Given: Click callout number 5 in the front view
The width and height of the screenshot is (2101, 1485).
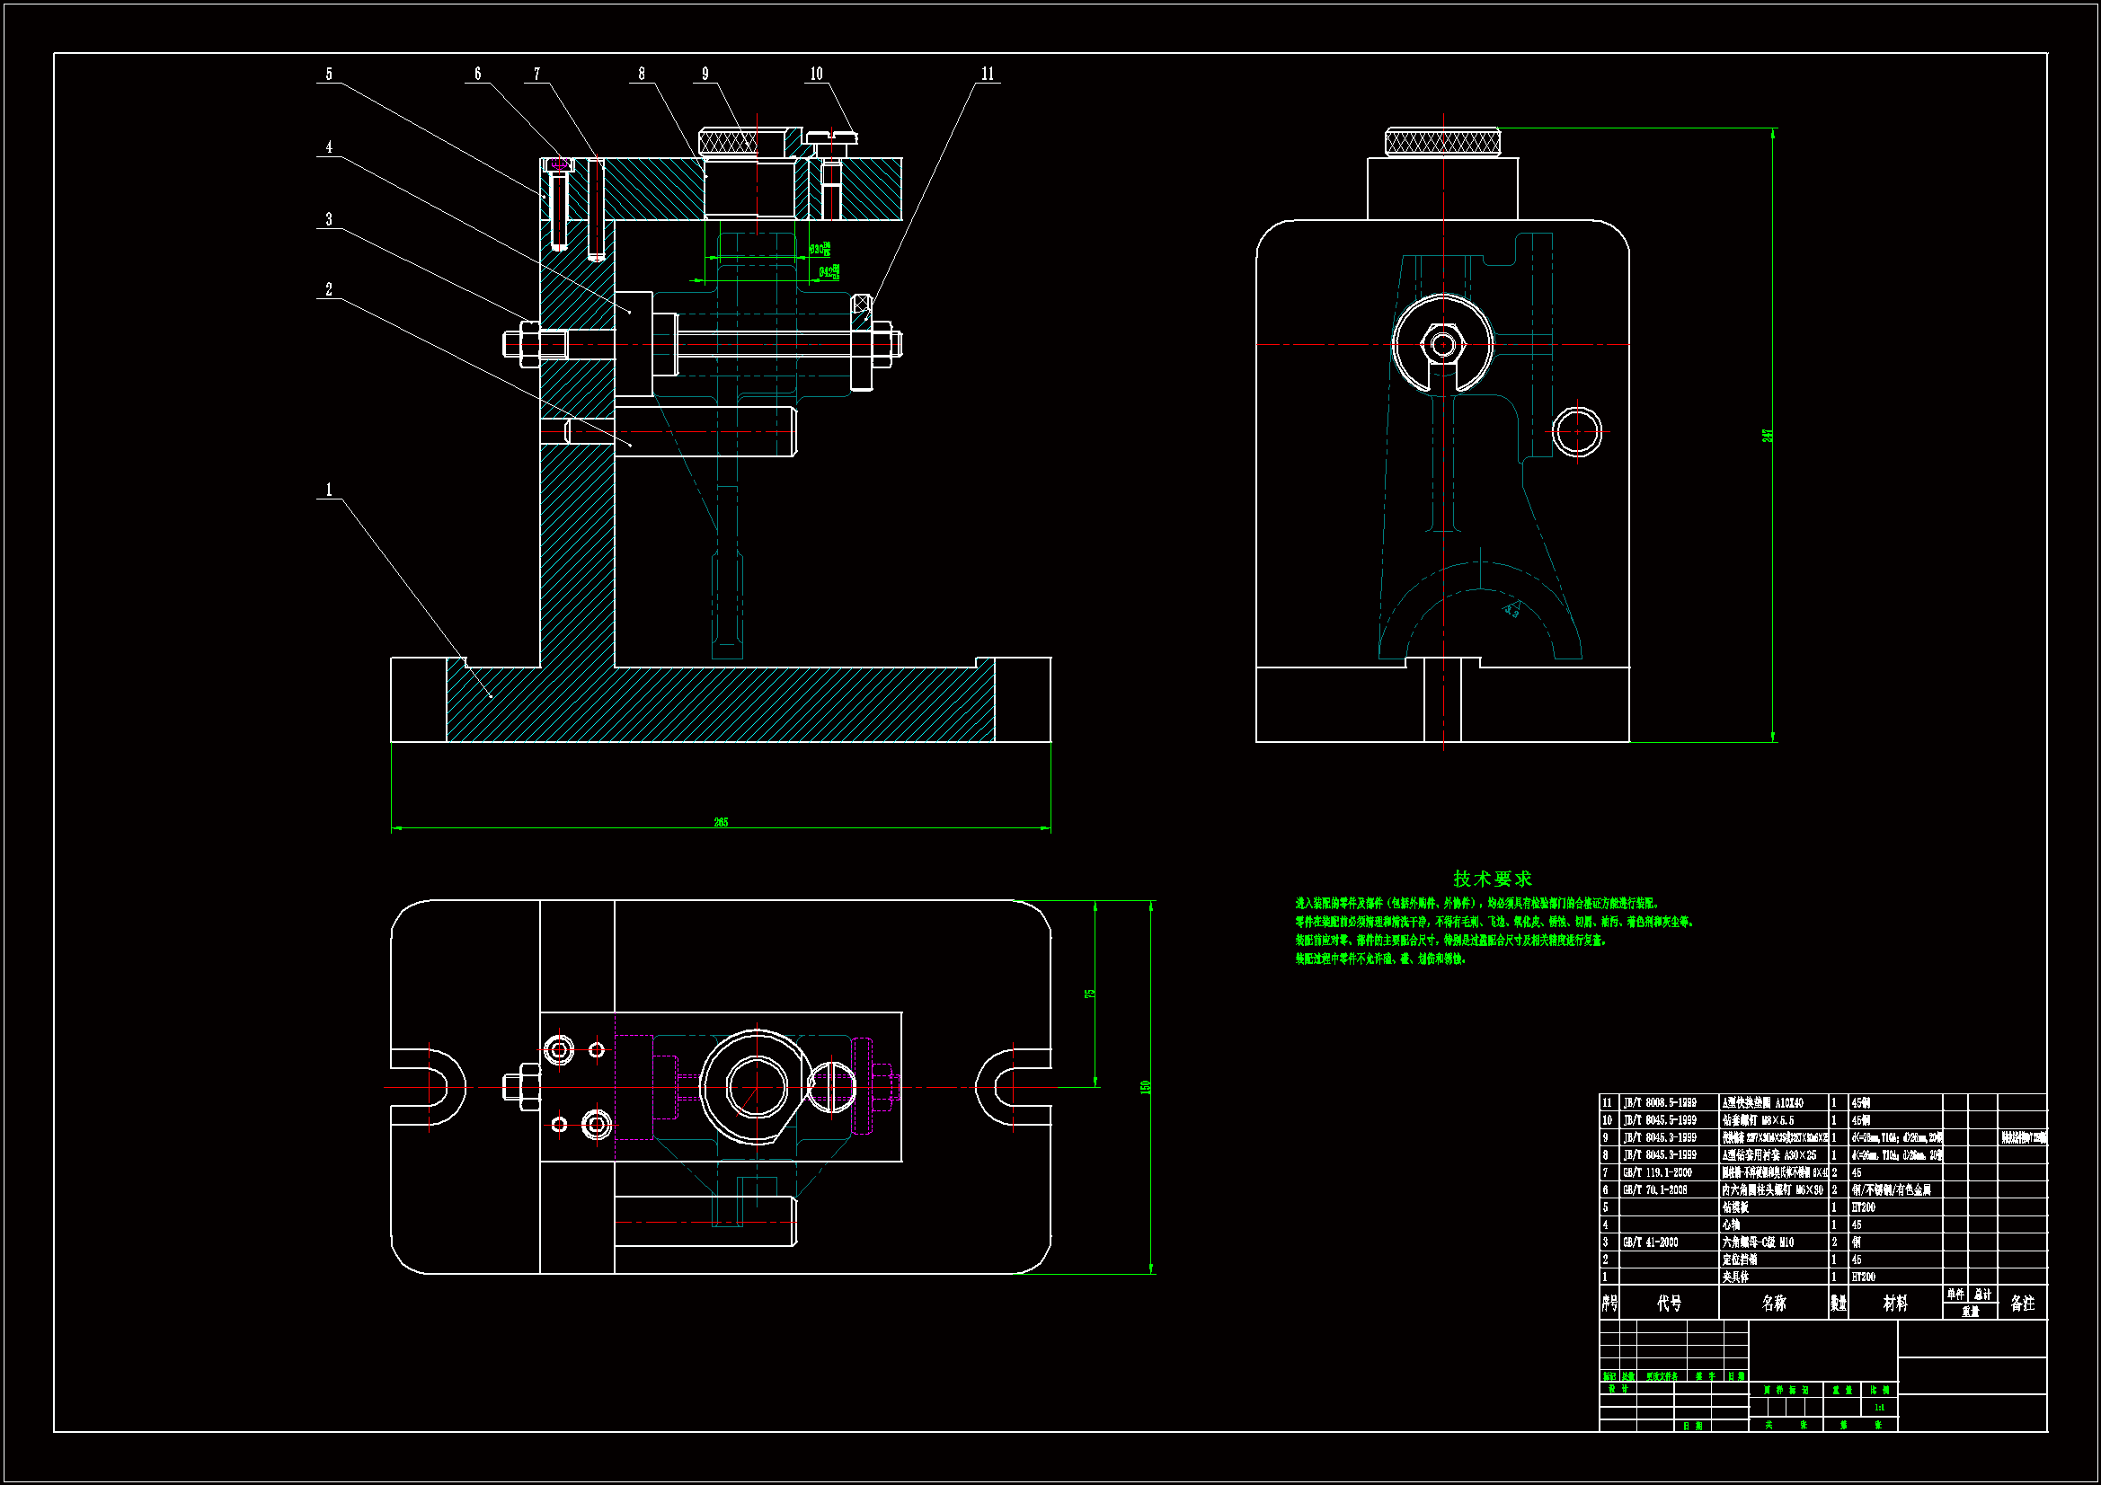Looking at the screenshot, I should point(330,74).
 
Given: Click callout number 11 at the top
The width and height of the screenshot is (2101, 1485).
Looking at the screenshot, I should point(988,74).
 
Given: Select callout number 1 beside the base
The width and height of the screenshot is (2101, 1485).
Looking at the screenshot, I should point(330,491).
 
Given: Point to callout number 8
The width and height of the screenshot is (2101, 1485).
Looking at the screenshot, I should point(642,74).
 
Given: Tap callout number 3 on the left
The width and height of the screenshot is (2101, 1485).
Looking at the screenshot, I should point(330,219).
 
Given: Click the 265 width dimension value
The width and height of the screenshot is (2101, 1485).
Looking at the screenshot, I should point(721,822).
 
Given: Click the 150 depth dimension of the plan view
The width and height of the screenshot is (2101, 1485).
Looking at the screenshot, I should point(1145,1087).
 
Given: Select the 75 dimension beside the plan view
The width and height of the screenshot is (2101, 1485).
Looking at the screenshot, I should point(1090,993).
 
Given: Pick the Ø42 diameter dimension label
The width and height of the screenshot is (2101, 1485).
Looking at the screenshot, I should point(829,271).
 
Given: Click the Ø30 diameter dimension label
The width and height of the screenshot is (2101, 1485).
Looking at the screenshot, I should point(820,249).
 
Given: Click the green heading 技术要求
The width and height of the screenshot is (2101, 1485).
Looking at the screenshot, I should point(1493,879).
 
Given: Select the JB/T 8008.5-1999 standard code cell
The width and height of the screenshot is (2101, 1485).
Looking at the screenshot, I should point(1660,1102).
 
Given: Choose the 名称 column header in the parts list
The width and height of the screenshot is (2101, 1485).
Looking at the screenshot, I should point(1773,1303).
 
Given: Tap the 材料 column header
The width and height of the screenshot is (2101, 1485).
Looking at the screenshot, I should point(1895,1303).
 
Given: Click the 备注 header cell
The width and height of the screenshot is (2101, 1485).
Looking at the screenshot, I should point(2022,1303).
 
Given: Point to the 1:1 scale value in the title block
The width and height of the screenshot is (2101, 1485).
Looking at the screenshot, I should point(1880,1407).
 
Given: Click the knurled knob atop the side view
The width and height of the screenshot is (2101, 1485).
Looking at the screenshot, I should point(1442,142).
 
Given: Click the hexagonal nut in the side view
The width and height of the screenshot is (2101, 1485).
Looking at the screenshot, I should point(1443,345).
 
